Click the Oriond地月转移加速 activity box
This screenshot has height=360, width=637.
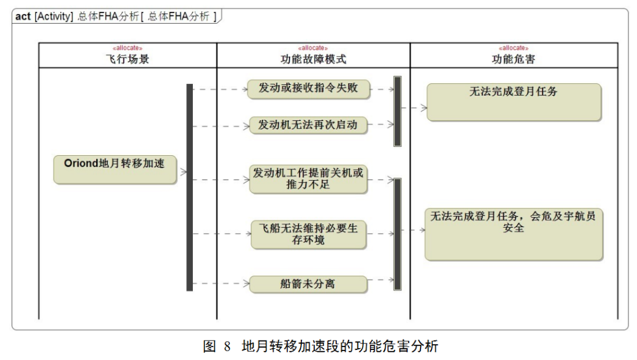[x=115, y=169]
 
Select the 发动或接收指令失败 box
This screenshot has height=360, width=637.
[x=308, y=89]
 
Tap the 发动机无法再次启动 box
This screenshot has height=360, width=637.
[x=308, y=125]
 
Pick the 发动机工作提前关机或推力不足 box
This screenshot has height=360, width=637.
[x=308, y=179]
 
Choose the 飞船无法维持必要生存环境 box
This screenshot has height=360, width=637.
[x=308, y=234]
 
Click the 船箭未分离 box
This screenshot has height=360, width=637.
[x=308, y=284]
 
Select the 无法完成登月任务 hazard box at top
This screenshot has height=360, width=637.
[x=513, y=102]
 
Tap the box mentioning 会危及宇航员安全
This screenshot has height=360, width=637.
[x=513, y=234]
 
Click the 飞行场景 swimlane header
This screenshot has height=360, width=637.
[x=127, y=59]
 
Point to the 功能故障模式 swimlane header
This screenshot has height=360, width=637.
[x=313, y=59]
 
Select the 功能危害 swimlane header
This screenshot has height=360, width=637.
[x=514, y=59]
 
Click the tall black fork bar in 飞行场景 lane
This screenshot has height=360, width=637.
[x=189, y=187]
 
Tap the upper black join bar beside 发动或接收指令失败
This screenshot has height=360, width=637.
[x=398, y=112]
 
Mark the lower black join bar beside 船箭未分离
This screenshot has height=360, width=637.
[x=398, y=234]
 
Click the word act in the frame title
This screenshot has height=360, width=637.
[x=23, y=17]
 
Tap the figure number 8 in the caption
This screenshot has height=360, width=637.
[x=227, y=346]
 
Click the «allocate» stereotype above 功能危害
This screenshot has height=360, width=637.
[x=514, y=48]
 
